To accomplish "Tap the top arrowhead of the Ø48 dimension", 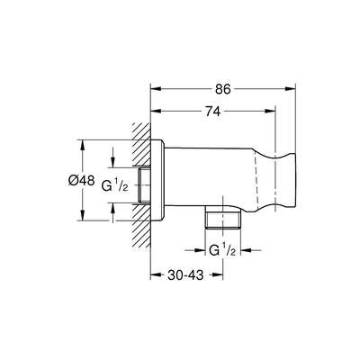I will pyautogui.click(x=83, y=143).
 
